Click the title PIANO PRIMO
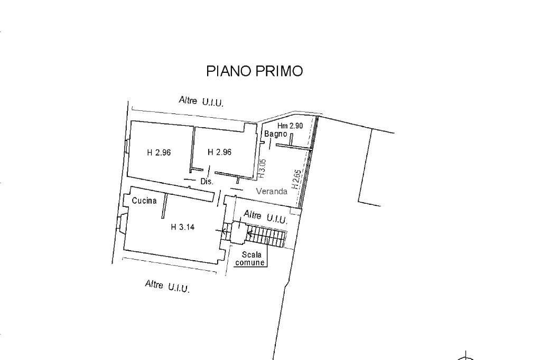tap(254, 71)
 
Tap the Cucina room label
tap(144, 201)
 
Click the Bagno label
tap(276, 134)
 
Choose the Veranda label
tap(272, 192)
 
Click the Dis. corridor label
tap(207, 181)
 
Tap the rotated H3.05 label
tap(262, 167)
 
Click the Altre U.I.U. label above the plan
tap(201, 101)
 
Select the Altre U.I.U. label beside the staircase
tap(265, 216)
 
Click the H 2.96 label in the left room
tap(158, 153)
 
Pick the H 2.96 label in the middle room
tap(220, 152)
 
